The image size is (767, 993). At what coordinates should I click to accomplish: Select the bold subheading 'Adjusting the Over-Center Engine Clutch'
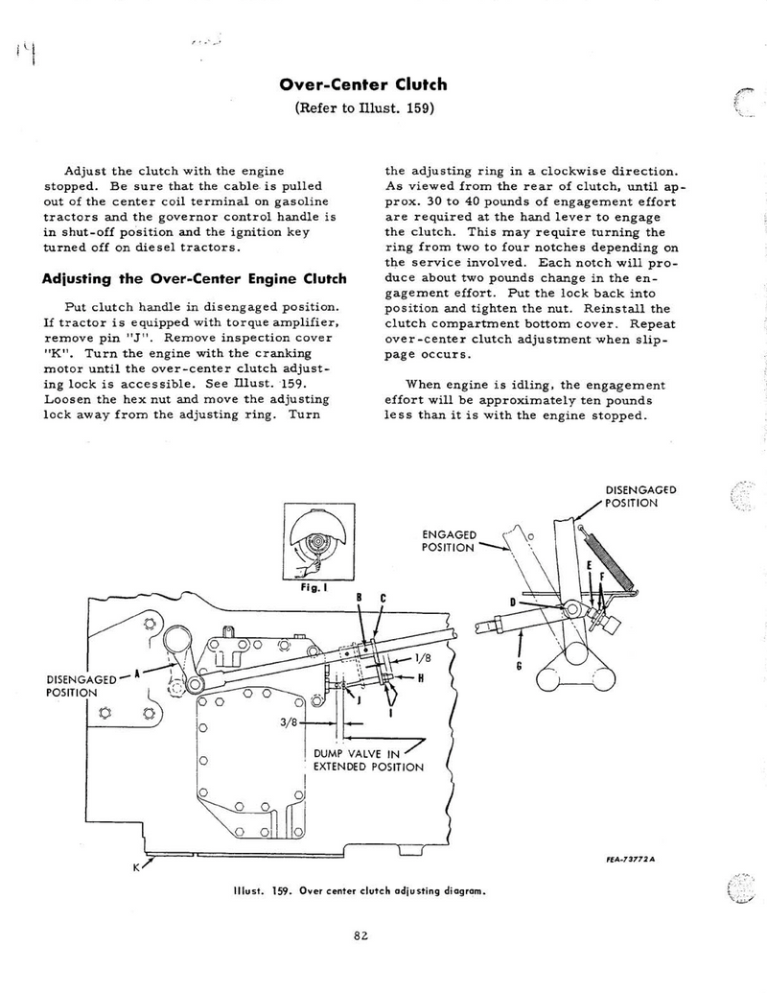[x=194, y=280]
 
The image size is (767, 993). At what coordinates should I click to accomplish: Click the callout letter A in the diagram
[x=137, y=674]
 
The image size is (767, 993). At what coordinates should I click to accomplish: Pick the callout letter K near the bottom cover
[x=137, y=866]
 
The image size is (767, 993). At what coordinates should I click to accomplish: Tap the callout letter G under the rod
[x=519, y=666]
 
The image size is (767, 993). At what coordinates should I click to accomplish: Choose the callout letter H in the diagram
[x=420, y=676]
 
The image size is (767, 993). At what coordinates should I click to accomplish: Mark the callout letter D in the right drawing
[x=514, y=601]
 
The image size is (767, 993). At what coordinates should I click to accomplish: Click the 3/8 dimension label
[x=291, y=722]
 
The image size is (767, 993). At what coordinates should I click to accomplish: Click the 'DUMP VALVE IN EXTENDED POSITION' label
[x=369, y=760]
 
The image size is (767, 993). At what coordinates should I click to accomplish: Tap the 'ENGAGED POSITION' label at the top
[x=449, y=540]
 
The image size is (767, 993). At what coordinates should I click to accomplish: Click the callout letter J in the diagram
[x=359, y=700]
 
